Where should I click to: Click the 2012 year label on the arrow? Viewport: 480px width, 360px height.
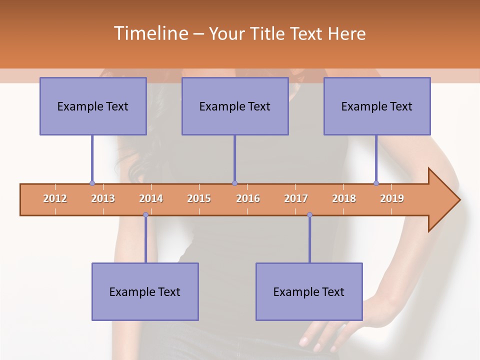click(x=55, y=199)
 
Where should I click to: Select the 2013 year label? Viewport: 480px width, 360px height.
click(x=103, y=199)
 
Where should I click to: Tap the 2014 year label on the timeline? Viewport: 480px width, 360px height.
click(x=151, y=199)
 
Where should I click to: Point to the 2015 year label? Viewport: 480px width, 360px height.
click(x=199, y=199)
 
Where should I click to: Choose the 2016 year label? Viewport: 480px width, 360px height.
click(x=248, y=199)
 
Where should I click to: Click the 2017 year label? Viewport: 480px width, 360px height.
click(x=296, y=199)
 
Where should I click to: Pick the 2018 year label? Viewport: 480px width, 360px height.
click(x=344, y=199)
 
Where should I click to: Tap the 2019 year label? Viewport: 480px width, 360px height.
click(x=392, y=199)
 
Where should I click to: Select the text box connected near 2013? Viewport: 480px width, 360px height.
click(x=93, y=106)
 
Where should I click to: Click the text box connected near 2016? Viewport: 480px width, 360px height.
click(x=235, y=106)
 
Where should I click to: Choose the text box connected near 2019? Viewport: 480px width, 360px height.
click(x=377, y=106)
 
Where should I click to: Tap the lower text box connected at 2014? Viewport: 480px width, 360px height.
click(x=145, y=291)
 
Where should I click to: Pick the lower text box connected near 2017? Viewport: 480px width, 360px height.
click(x=309, y=291)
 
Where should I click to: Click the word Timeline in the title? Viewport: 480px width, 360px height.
click(x=150, y=33)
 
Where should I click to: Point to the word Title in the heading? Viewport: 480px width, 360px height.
click(x=268, y=33)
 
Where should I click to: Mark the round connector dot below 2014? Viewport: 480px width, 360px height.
click(x=145, y=214)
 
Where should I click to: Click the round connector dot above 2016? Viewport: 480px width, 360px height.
click(x=234, y=183)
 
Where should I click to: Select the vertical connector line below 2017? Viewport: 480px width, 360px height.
click(x=309, y=240)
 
